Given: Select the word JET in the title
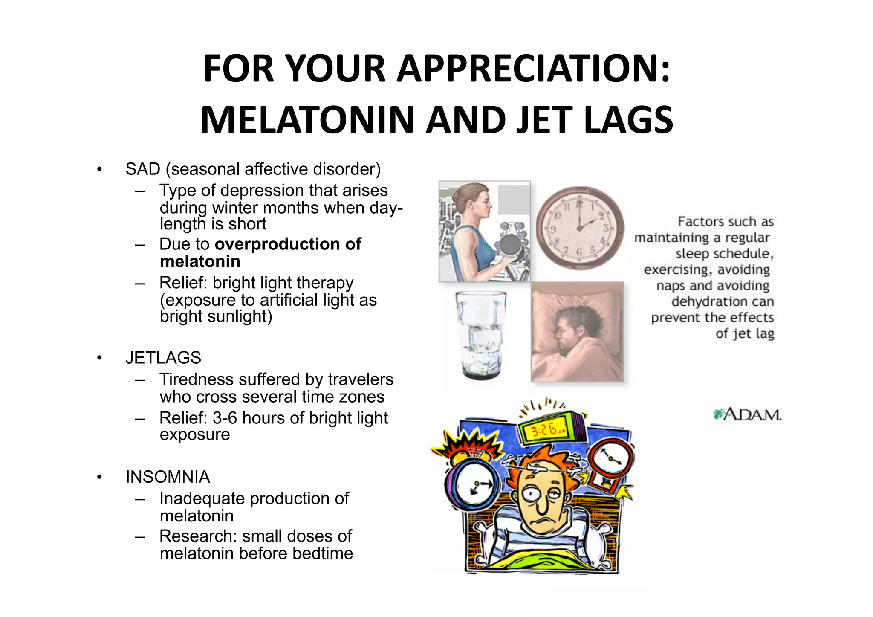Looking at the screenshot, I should [x=544, y=120].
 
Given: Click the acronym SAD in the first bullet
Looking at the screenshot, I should [x=143, y=169].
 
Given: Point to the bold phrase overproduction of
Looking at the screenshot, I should [x=288, y=244].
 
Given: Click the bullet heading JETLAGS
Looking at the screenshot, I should [x=163, y=358].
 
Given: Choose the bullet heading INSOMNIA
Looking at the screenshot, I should [x=168, y=477].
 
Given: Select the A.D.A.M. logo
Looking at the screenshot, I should [x=747, y=414].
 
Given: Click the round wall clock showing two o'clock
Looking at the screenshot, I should [x=580, y=228].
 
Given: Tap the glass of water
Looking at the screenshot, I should [x=481, y=335].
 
